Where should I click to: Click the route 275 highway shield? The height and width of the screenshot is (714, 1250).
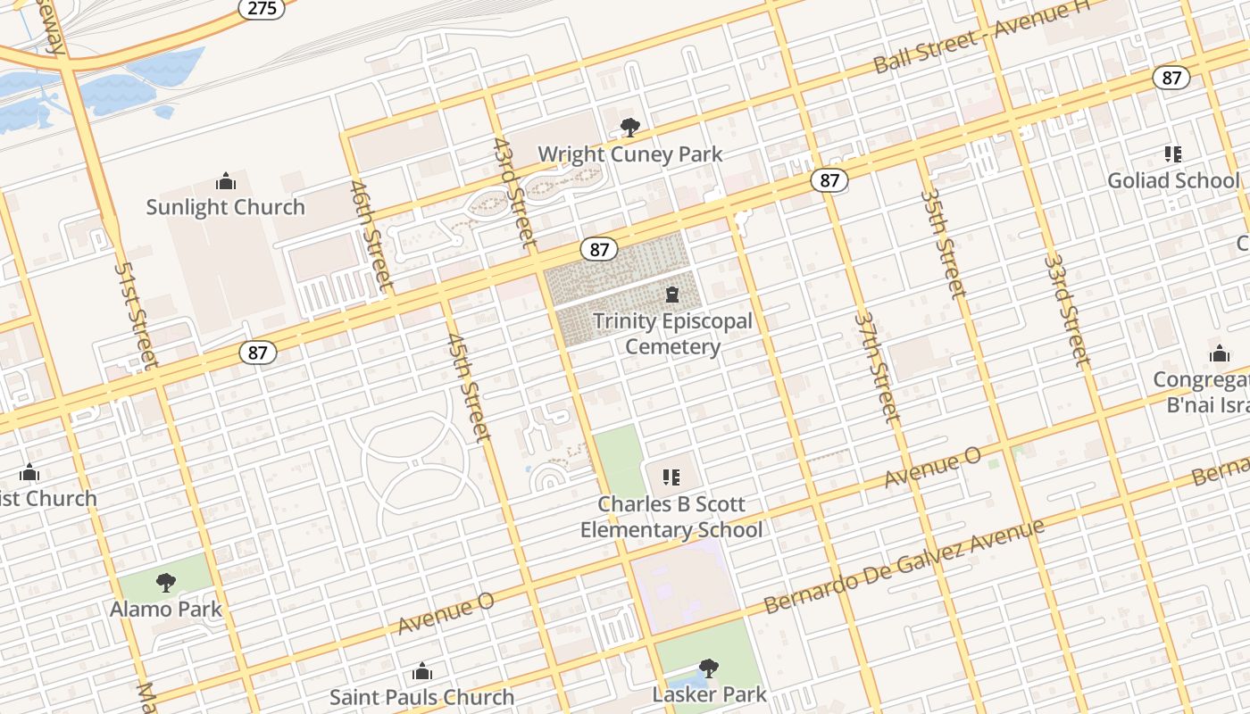click(x=262, y=8)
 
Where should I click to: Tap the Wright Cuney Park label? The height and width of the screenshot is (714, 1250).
click(x=629, y=154)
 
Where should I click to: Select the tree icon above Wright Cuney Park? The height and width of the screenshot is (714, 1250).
click(x=629, y=128)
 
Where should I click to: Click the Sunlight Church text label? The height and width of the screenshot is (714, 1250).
click(x=225, y=207)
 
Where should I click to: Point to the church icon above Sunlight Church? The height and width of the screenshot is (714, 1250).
click(x=226, y=182)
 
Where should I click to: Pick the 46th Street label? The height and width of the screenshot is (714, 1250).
click(x=371, y=236)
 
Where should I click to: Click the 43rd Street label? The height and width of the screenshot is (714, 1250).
click(x=515, y=193)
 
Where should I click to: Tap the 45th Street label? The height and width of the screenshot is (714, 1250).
click(x=469, y=387)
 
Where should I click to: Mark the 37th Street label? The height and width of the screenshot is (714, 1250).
click(x=877, y=366)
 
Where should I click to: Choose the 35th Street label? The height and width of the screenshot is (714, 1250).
click(x=943, y=243)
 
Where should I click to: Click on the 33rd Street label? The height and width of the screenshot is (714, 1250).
click(x=1067, y=311)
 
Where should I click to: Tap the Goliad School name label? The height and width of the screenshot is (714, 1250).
click(x=1173, y=180)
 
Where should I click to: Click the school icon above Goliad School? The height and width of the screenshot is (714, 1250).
click(x=1173, y=154)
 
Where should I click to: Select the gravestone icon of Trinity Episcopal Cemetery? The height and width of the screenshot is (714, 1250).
click(x=672, y=295)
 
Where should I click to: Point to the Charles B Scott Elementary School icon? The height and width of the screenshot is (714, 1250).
click(x=671, y=477)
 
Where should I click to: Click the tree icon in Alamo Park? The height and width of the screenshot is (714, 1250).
click(x=165, y=583)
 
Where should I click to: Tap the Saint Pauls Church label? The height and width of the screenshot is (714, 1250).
click(x=421, y=697)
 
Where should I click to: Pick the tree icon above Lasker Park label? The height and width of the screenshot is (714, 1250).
click(x=709, y=668)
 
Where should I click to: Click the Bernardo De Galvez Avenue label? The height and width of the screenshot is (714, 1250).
click(x=904, y=567)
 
